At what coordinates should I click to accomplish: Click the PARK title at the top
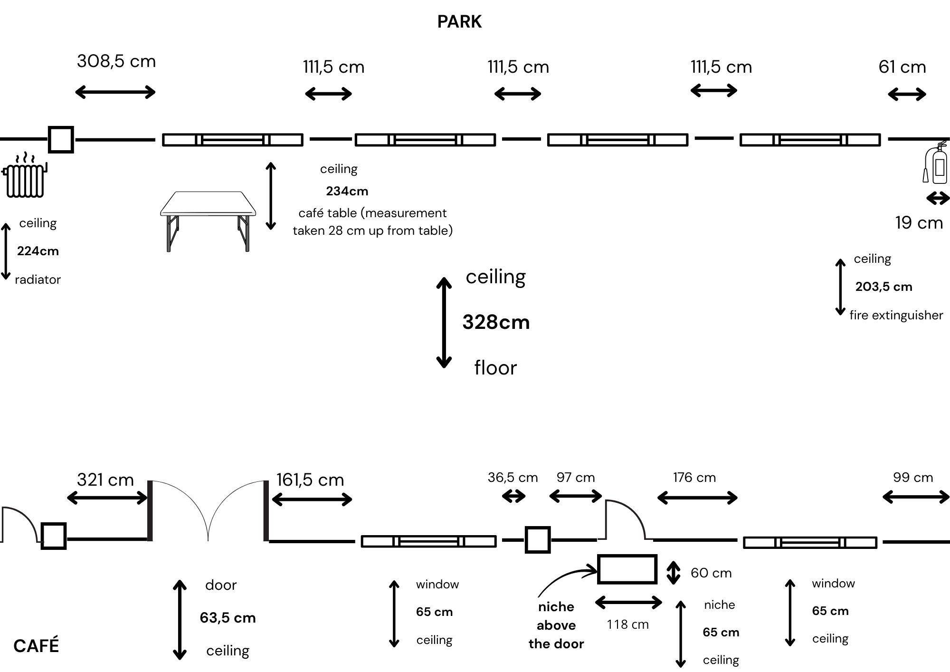(459, 22)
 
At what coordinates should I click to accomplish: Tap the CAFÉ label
(36, 645)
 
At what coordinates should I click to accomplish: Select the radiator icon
(25, 174)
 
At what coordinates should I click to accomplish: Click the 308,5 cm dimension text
(116, 61)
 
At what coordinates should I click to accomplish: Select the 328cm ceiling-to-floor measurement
(496, 322)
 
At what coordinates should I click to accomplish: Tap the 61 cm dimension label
(902, 67)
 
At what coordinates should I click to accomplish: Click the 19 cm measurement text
(919, 222)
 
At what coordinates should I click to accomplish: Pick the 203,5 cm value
(883, 287)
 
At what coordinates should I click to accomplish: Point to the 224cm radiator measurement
(38, 251)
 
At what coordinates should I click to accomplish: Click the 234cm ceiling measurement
(347, 191)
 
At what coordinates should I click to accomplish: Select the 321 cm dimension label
(105, 480)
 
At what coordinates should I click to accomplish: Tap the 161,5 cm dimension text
(310, 480)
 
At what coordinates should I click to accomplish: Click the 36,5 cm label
(513, 477)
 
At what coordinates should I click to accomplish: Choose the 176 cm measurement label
(694, 477)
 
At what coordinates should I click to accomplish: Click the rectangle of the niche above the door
(627, 555)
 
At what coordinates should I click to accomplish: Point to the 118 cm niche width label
(627, 624)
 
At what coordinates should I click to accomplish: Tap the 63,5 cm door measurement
(228, 617)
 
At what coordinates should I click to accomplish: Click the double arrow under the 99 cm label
(916, 497)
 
